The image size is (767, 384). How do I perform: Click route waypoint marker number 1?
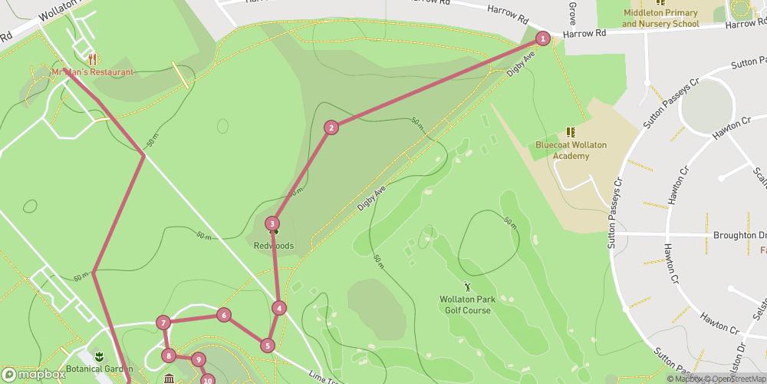coord(543,38)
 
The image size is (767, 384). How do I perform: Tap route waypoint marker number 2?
coord(331,127)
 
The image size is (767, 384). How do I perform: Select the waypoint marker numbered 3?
coord(272,224)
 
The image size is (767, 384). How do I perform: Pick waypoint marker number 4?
coord(279,308)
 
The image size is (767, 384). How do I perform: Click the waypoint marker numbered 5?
coord(267,346)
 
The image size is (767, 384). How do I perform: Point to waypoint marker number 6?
coord(223,315)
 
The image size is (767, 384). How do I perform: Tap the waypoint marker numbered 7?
coord(163,323)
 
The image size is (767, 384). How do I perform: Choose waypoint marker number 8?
coord(169,356)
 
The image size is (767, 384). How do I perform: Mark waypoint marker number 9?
coord(198,359)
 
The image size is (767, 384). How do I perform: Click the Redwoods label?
coord(274,246)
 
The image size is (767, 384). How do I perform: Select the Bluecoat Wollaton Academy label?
coord(562,150)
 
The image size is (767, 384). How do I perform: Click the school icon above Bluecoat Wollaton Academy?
coord(570,133)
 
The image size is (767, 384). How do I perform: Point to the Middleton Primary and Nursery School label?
coord(660,18)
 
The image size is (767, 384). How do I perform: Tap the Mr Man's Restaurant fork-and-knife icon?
coord(92,58)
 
